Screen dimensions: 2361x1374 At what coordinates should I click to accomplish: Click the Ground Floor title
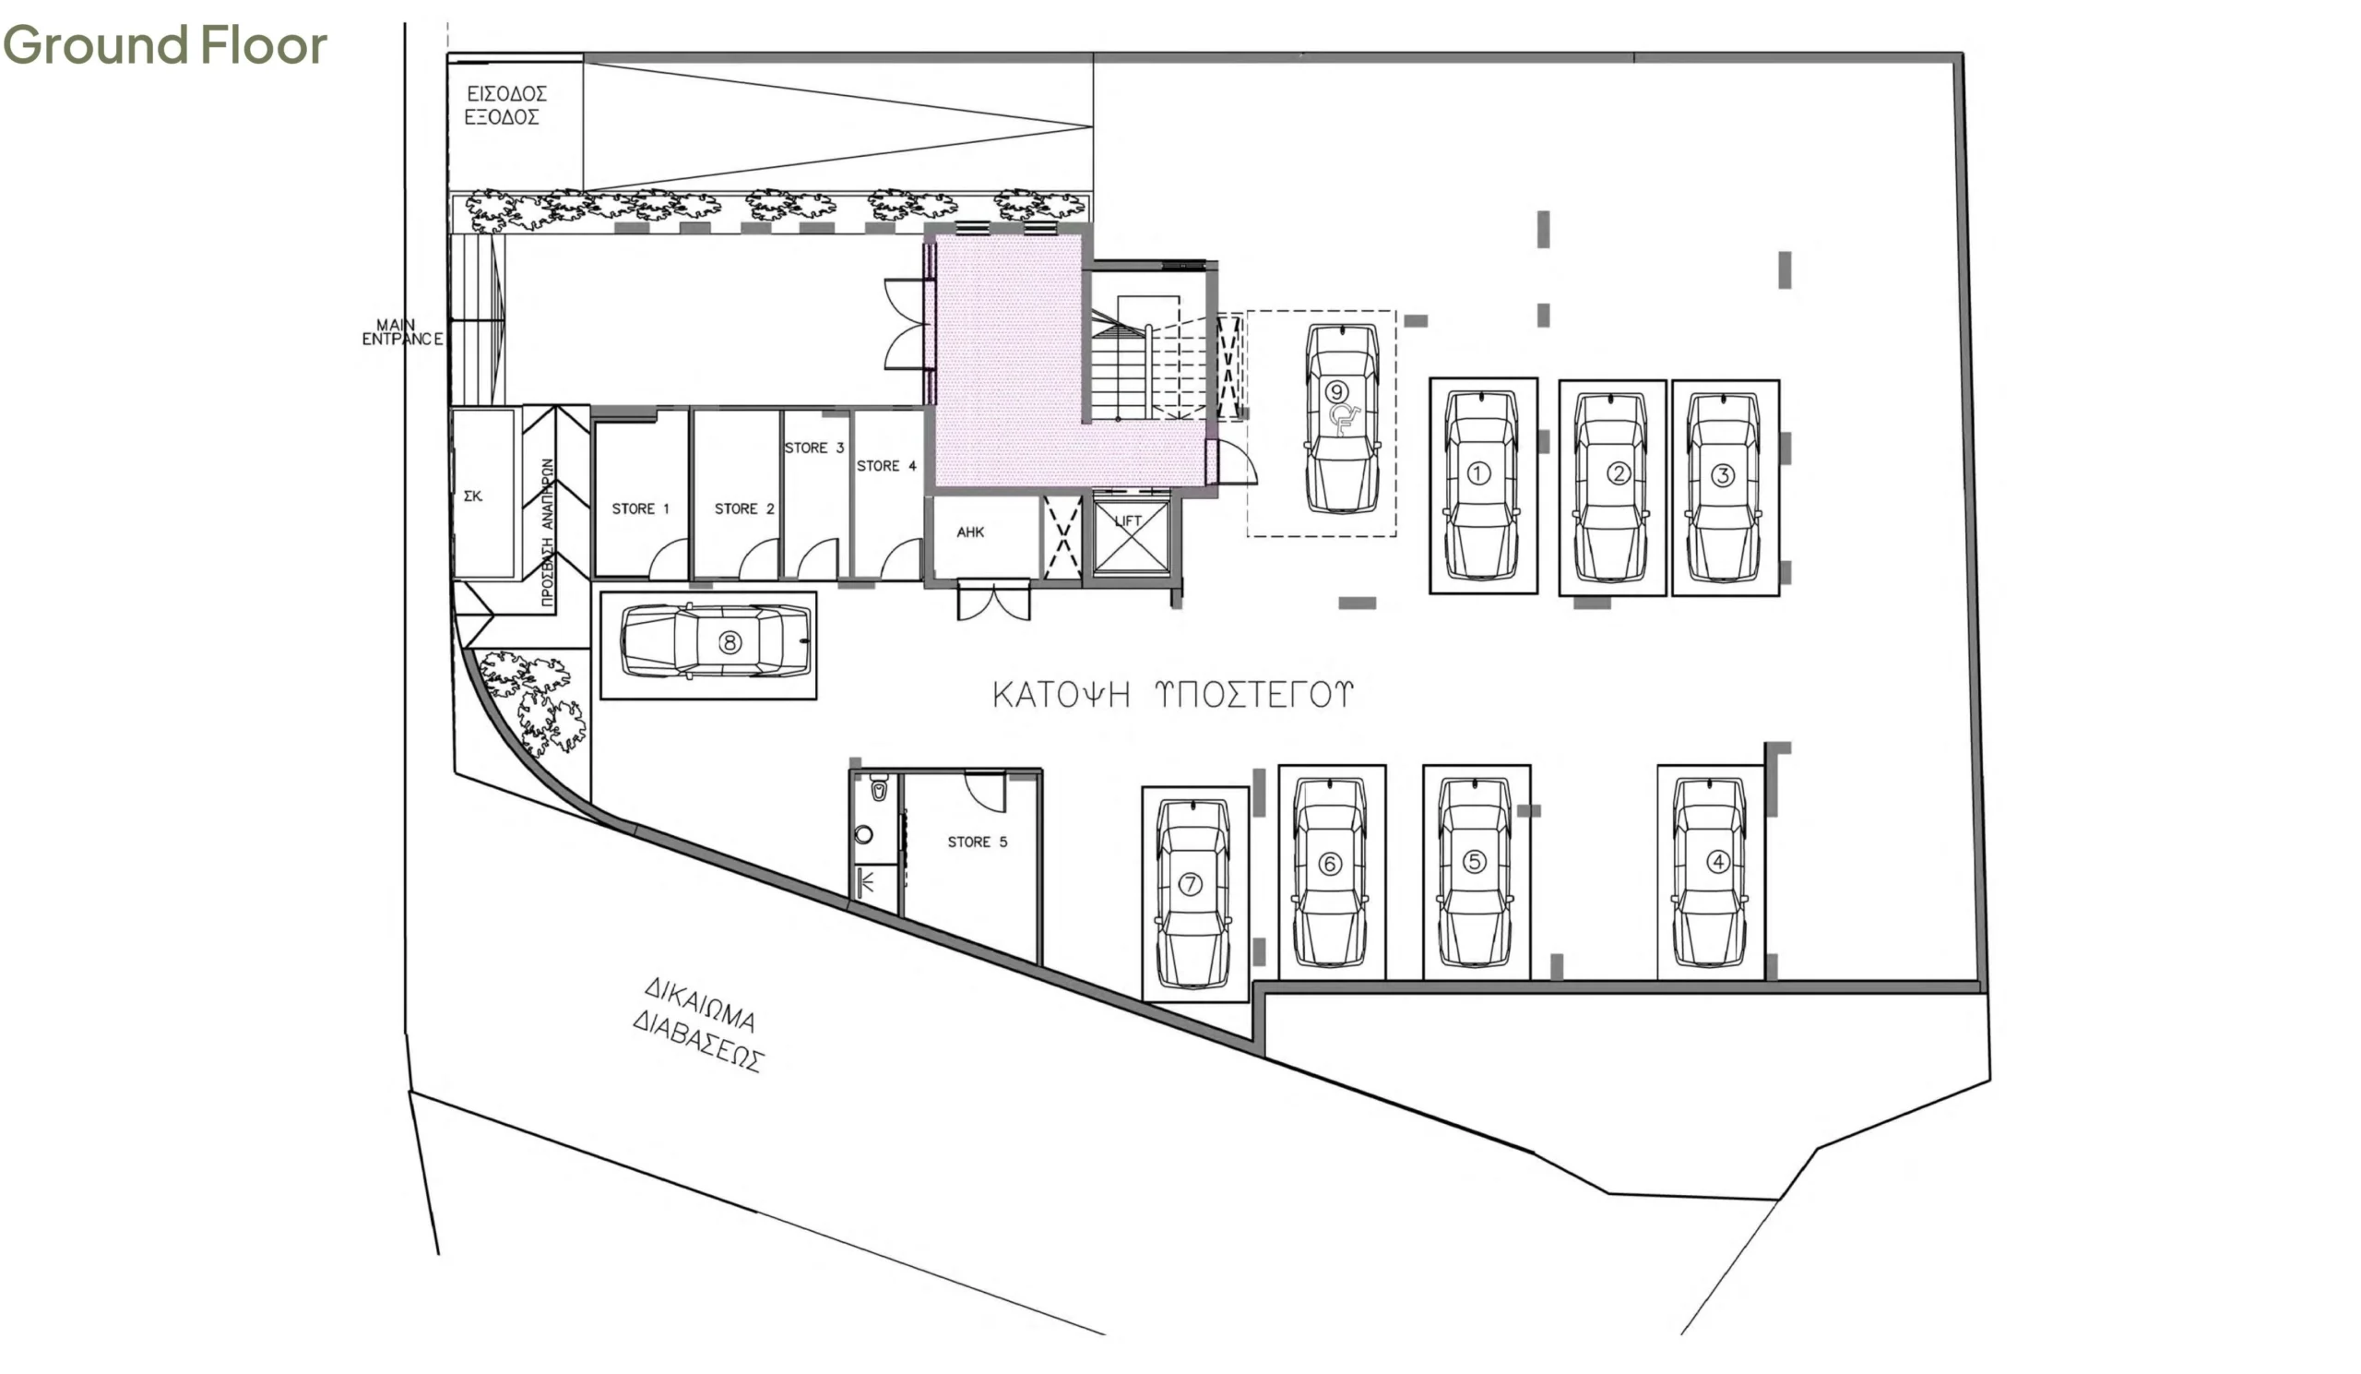tap(165, 45)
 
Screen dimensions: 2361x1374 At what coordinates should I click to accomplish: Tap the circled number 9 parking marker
tap(1336, 392)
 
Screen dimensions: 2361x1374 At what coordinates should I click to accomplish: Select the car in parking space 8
tap(715, 641)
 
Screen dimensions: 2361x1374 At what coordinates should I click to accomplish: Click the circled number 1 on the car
tap(1478, 473)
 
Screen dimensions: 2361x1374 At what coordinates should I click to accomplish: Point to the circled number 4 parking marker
tap(1717, 860)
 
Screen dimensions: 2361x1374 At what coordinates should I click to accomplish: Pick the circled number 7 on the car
tap(1190, 884)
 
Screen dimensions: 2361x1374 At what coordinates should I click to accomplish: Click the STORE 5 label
tap(978, 842)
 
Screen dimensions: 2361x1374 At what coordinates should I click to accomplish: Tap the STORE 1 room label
tap(641, 509)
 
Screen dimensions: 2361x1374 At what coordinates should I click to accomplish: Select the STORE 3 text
tap(814, 448)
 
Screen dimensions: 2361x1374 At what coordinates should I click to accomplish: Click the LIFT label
tap(1128, 521)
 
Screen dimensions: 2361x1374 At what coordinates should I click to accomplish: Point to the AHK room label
tap(970, 532)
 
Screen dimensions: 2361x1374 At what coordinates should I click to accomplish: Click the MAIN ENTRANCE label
tap(403, 332)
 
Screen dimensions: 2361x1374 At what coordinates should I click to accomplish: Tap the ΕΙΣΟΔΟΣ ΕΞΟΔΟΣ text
tap(506, 105)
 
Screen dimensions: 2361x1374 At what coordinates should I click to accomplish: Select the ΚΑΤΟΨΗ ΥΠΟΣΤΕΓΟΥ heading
tap(1173, 695)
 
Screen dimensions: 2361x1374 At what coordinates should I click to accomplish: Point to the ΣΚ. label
tap(473, 496)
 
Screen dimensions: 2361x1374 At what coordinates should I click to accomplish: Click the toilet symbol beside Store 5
tap(878, 790)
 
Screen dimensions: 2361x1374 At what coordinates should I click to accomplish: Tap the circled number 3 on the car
tap(1722, 475)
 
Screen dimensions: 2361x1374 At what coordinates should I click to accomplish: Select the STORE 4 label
tap(886, 466)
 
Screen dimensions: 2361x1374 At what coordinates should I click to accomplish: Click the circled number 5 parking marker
tap(1475, 860)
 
